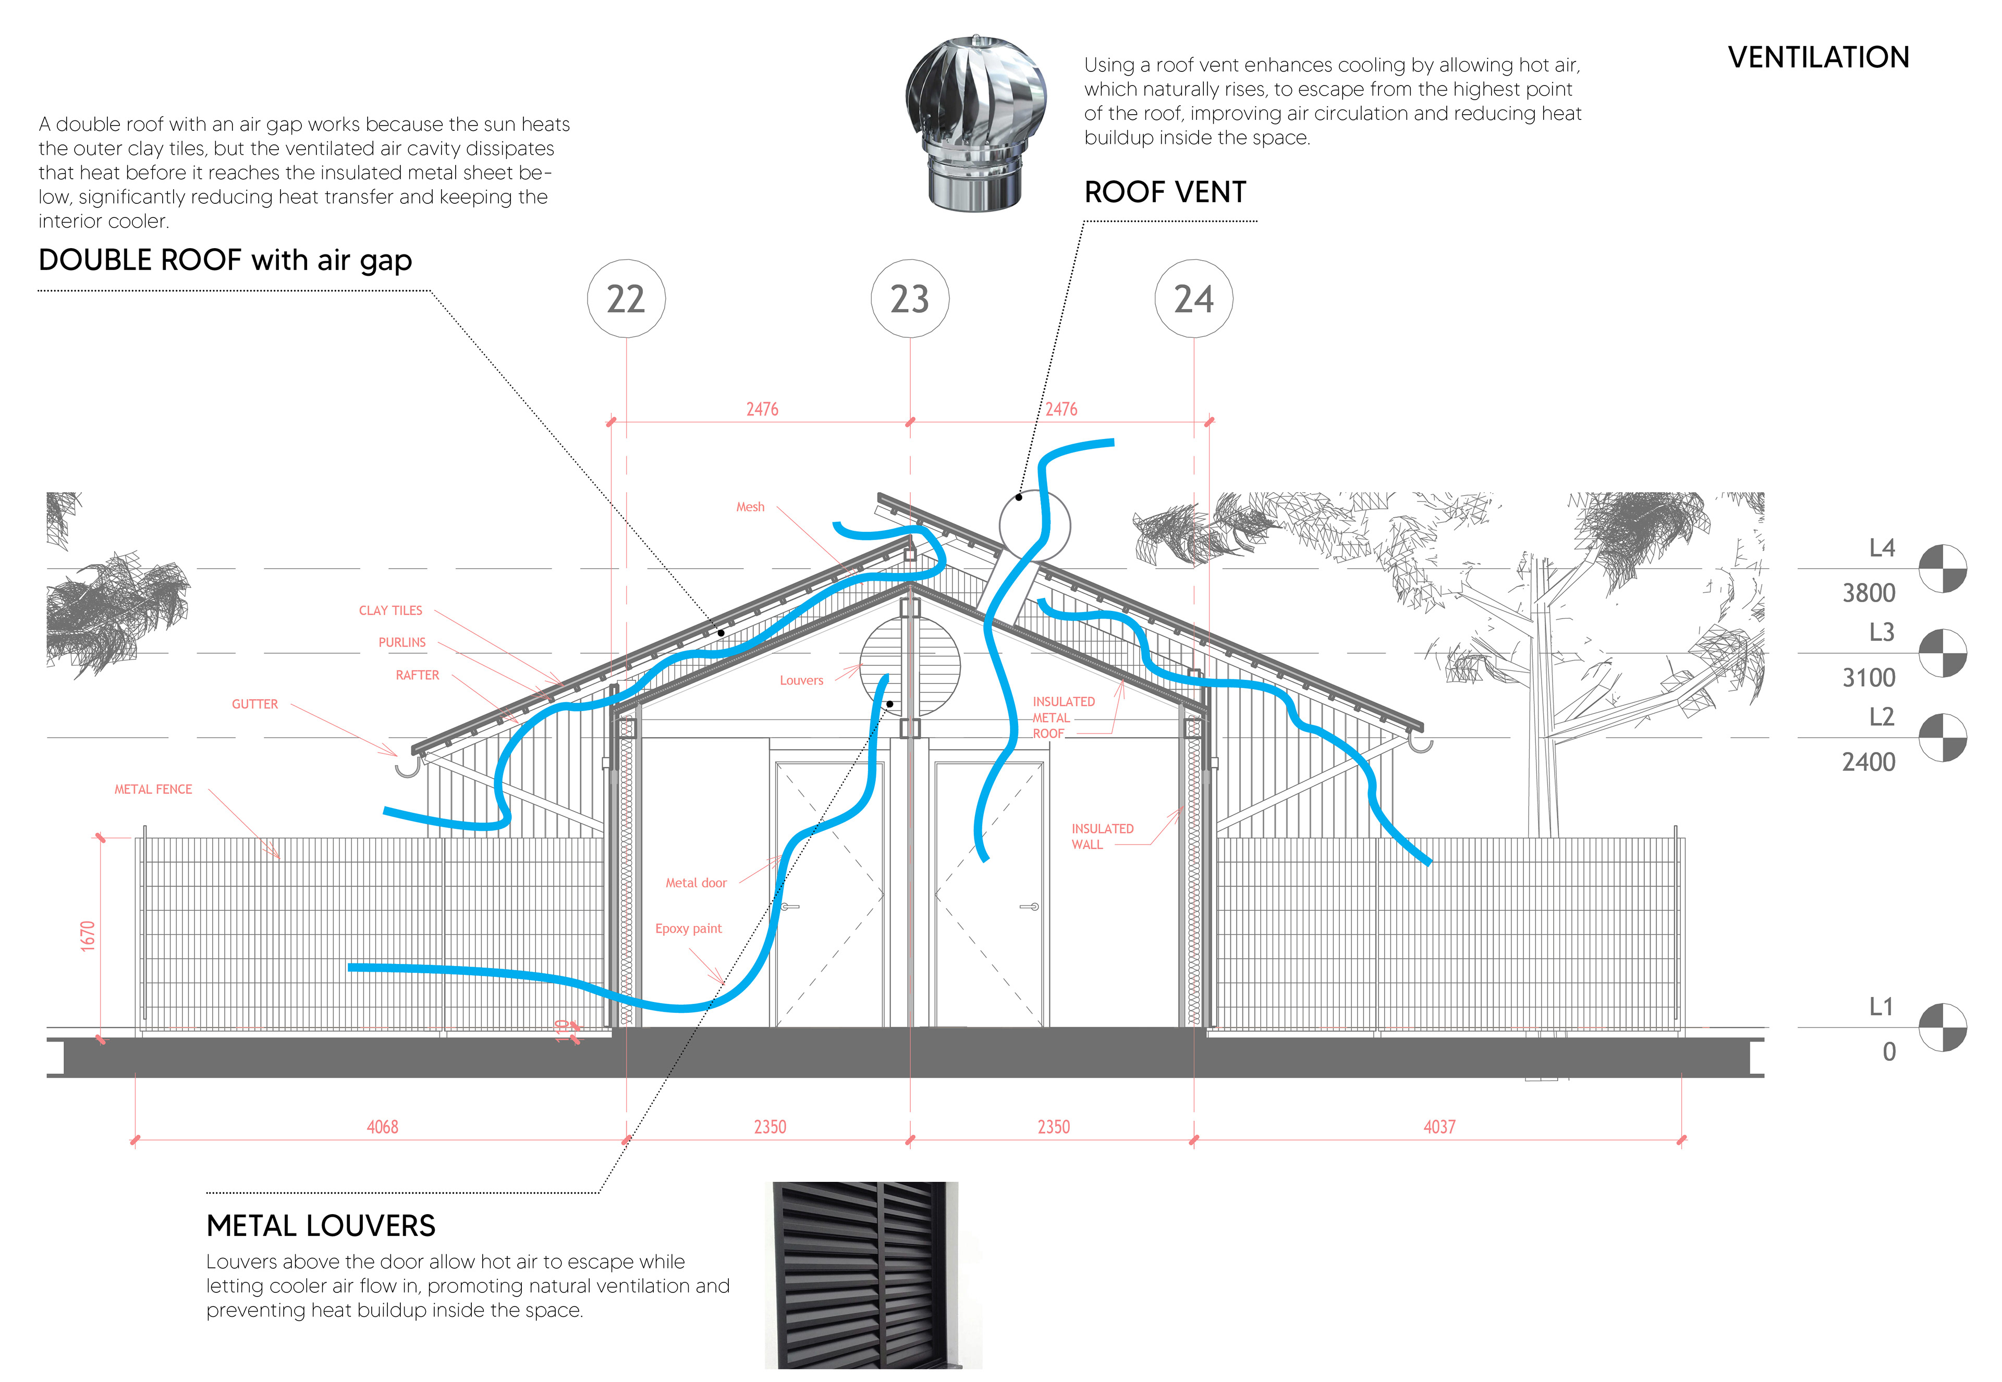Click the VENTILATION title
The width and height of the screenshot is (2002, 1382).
click(1818, 57)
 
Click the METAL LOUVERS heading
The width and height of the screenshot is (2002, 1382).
click(321, 1226)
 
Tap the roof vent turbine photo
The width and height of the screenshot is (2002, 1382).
click(976, 123)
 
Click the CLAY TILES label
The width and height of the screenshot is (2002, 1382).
click(390, 610)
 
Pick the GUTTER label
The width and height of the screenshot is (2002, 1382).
click(254, 704)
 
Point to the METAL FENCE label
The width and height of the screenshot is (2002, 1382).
click(153, 789)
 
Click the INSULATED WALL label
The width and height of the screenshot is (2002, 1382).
click(1102, 837)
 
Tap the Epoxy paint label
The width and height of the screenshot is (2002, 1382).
click(688, 928)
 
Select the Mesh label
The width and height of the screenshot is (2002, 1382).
click(750, 507)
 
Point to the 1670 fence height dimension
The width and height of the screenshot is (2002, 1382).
click(88, 936)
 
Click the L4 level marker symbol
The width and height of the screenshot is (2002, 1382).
click(1942, 568)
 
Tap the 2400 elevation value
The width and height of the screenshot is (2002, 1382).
click(1869, 762)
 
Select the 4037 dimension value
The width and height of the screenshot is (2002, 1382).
click(1439, 1127)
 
